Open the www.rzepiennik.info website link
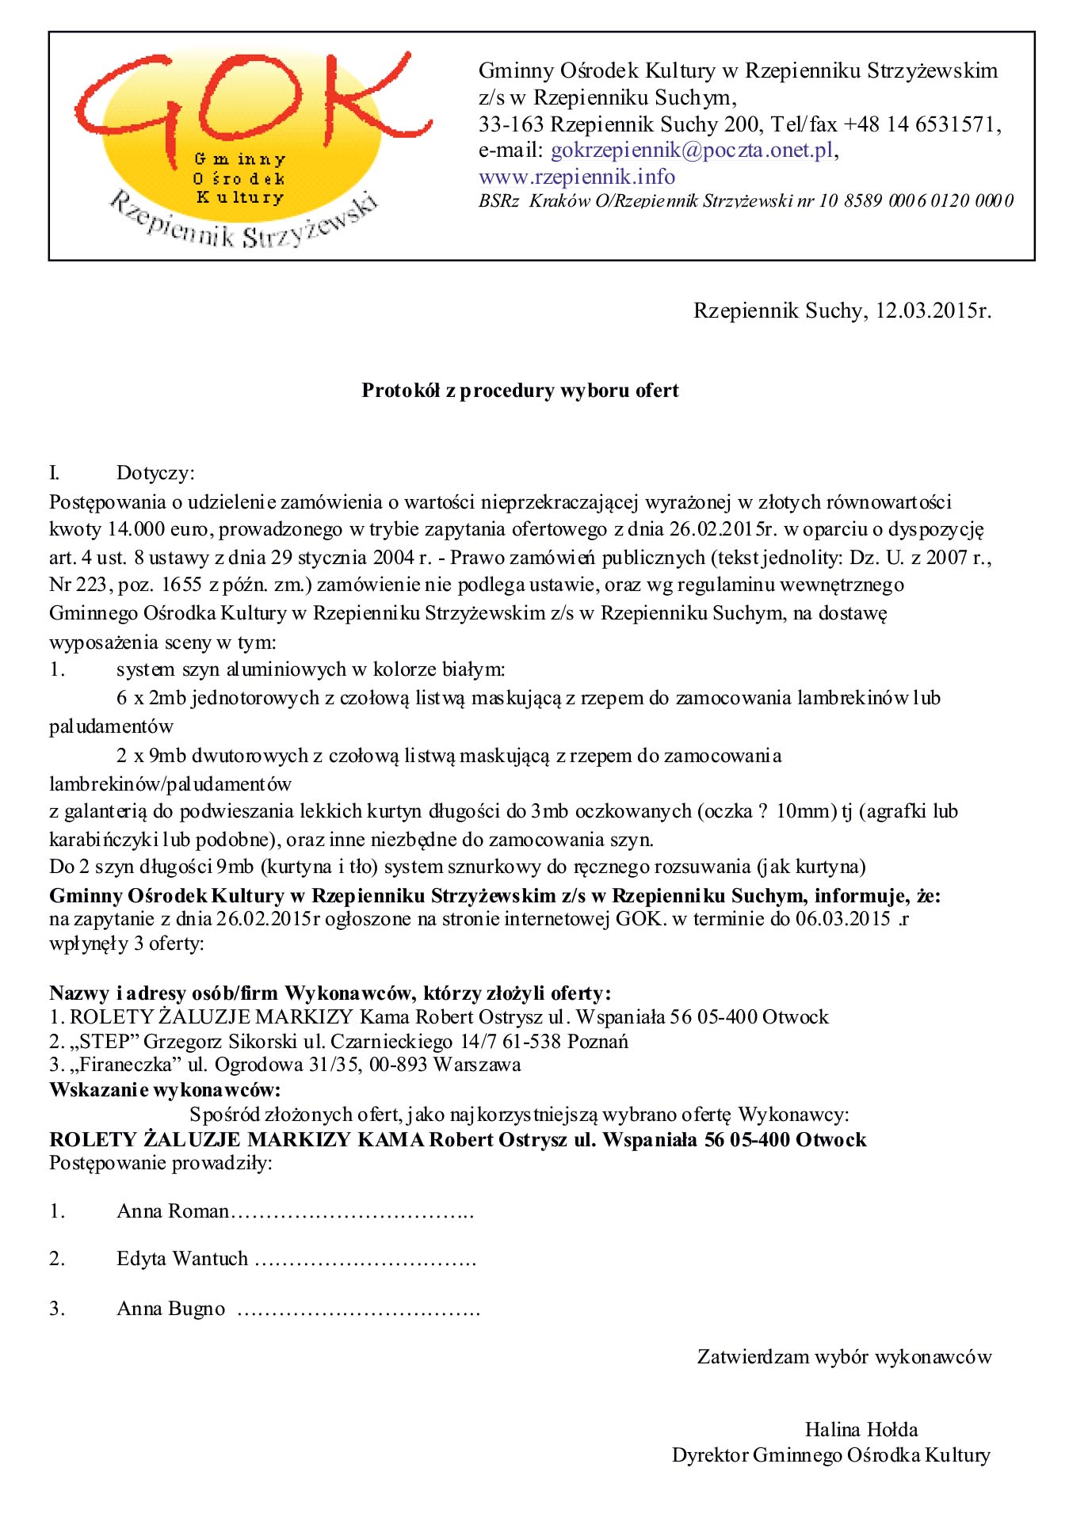(576, 177)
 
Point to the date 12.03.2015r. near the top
(933, 311)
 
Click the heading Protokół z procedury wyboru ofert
(520, 391)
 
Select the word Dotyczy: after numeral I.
(155, 473)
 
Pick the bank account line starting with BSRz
(745, 201)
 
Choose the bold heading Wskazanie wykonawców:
(165, 1090)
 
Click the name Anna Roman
(173, 1211)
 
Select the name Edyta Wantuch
(182, 1259)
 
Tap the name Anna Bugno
(171, 1309)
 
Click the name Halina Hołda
(861, 1430)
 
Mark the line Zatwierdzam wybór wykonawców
(844, 1357)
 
